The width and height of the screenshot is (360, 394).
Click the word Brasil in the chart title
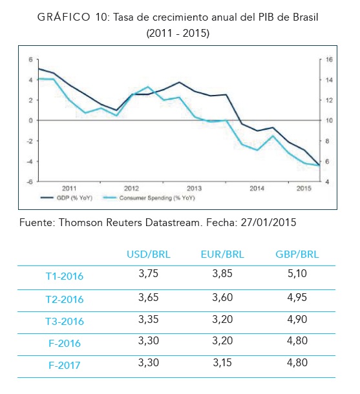tap(305, 17)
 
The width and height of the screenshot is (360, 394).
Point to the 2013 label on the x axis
tap(194, 188)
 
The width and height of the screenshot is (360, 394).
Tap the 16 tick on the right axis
tap(329, 59)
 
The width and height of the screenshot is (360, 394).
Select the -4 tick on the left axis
tap(30, 161)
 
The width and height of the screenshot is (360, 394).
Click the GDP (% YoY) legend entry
tap(67, 198)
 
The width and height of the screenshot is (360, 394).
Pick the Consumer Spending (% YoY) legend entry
tap(149, 198)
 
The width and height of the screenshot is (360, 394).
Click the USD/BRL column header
tap(149, 254)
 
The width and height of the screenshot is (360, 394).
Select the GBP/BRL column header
tap(297, 254)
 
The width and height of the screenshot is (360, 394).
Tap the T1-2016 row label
tap(65, 276)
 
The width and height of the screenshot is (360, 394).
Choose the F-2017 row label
tap(65, 365)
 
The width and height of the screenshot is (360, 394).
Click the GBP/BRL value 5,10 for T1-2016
tap(297, 273)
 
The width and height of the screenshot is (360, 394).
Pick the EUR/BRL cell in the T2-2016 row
tap(222, 297)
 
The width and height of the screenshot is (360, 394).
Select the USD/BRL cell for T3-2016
tap(148, 319)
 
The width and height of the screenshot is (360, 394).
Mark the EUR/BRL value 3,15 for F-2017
tap(222, 362)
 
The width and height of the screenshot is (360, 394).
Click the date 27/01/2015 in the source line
tap(268, 222)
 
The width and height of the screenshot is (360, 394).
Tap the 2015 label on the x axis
tap(304, 188)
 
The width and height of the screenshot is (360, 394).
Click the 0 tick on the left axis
tap(31, 120)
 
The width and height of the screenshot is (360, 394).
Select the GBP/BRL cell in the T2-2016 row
tap(297, 297)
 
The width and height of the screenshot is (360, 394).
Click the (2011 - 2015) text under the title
tap(178, 33)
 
